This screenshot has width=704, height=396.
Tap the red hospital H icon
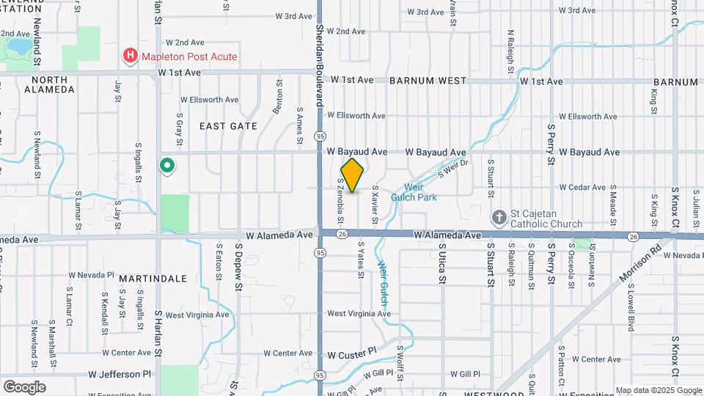[x=130, y=56]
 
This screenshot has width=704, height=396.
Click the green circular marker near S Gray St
[x=167, y=166]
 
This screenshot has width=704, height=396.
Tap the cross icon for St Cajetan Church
[x=499, y=218]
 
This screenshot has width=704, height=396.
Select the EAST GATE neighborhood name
[x=228, y=126]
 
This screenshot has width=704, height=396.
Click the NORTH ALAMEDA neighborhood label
[x=49, y=84]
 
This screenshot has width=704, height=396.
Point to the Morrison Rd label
[x=646, y=265]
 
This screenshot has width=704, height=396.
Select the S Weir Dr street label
[x=452, y=168]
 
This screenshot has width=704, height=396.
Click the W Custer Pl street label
[x=351, y=353]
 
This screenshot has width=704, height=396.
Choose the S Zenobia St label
[x=341, y=201]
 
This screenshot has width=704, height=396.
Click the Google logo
[x=24, y=386]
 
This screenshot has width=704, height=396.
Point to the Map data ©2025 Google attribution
[x=658, y=390]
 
